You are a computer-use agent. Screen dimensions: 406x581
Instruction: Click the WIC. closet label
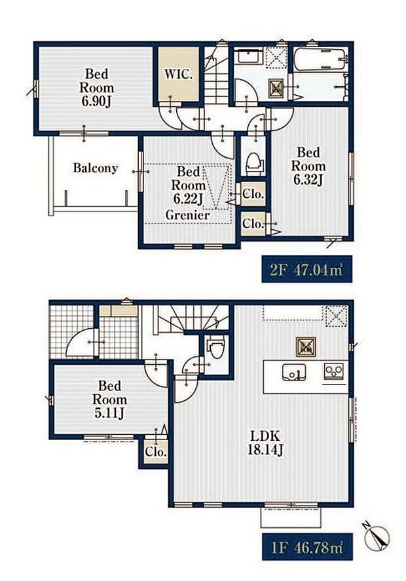click(179, 75)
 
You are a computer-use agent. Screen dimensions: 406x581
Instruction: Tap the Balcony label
click(96, 168)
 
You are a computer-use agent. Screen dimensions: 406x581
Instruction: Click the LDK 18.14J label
click(266, 443)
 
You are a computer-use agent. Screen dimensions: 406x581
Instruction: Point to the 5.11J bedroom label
click(109, 413)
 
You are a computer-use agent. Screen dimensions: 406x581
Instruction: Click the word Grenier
click(187, 215)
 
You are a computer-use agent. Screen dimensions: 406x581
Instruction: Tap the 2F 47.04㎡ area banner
click(306, 269)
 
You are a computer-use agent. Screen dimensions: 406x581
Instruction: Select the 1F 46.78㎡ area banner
click(308, 547)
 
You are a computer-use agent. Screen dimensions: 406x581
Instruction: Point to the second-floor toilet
click(255, 163)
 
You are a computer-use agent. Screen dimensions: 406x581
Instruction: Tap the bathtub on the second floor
click(320, 58)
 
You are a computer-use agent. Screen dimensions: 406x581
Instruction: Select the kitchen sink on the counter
click(294, 372)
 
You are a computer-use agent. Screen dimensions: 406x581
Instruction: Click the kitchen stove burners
click(334, 370)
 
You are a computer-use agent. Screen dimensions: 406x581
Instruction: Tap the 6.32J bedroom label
click(308, 166)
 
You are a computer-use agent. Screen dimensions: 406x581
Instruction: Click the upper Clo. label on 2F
click(253, 194)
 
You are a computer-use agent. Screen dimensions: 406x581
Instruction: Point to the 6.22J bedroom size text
click(188, 199)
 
